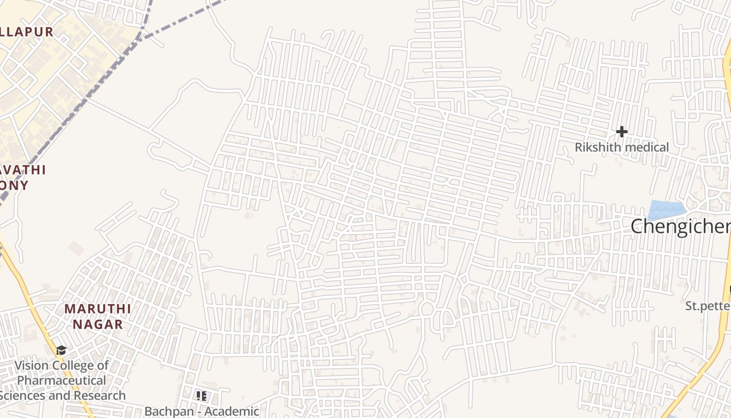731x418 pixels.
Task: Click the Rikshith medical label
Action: (621, 147)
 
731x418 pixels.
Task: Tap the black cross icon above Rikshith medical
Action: (621, 131)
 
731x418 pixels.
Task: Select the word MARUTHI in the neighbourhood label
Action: (98, 309)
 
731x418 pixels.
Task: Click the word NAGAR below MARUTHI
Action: (98, 324)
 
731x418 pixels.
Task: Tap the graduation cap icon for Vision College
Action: (61, 351)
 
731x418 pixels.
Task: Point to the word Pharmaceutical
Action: (62, 380)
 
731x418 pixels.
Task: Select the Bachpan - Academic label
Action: (202, 412)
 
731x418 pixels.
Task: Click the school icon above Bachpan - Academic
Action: (202, 396)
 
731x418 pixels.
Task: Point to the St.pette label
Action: (708, 306)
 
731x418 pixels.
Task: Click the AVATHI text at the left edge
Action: (23, 170)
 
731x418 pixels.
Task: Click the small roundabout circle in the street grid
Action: (427, 309)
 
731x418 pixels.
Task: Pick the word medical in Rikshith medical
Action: (646, 147)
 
